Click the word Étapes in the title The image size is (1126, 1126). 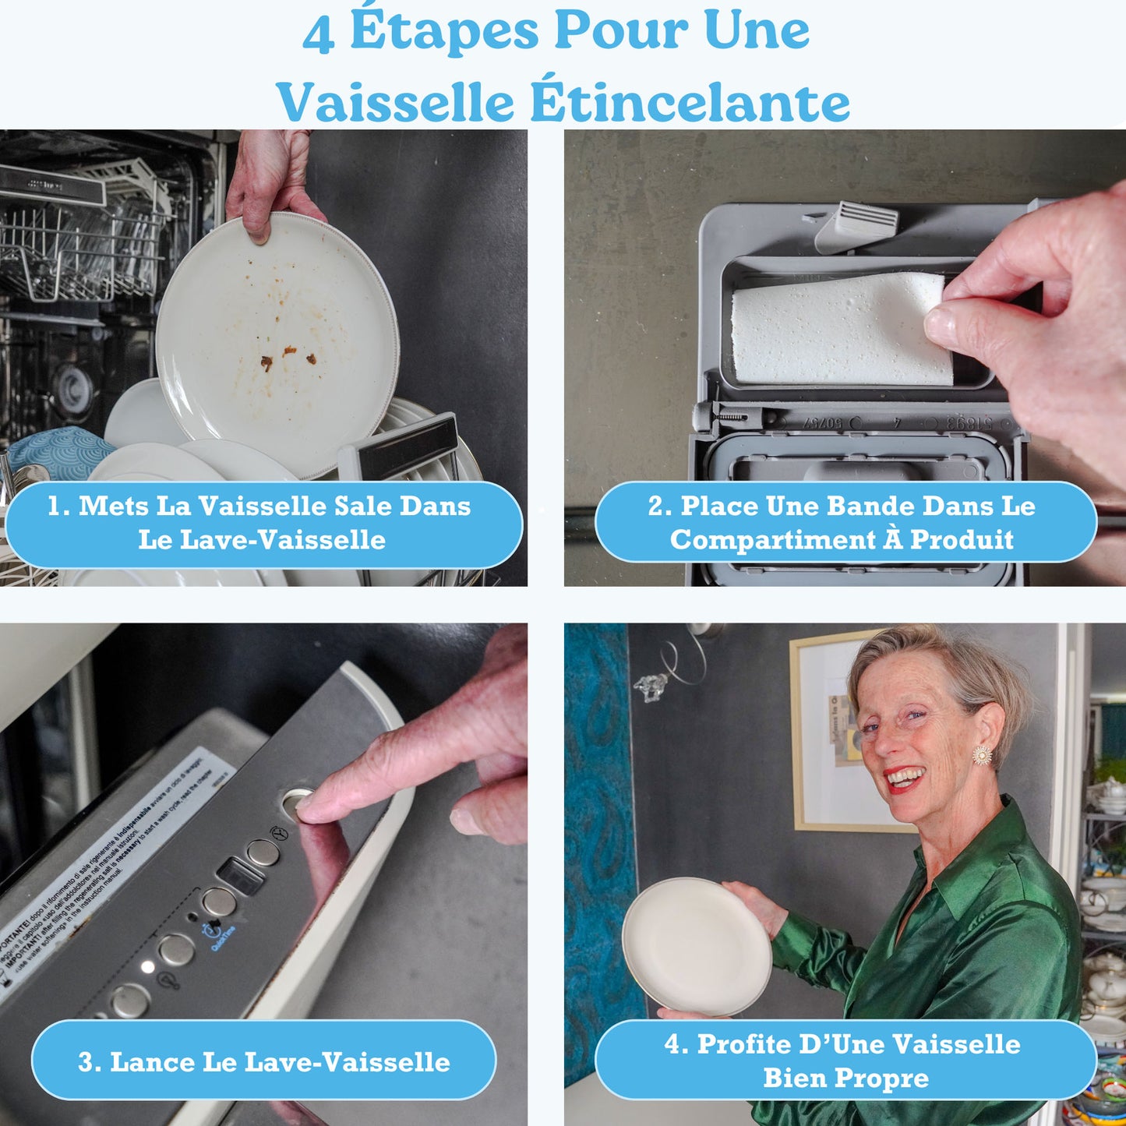444,31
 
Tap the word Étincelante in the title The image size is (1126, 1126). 690,103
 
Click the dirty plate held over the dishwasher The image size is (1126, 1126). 277,343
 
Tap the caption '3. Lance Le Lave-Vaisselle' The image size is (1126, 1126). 263,1061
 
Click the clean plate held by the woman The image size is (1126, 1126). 696,946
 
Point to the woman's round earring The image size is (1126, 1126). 983,755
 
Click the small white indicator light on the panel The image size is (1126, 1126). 147,967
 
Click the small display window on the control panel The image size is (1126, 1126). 240,877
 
